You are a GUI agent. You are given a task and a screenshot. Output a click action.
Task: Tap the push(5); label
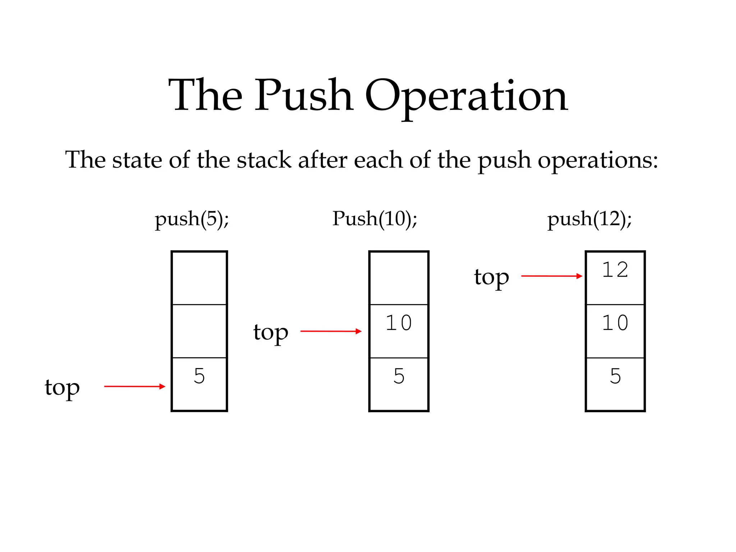192,219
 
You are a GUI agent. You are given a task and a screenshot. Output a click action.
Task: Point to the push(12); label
589,219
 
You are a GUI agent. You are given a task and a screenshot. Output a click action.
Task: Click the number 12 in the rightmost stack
615,270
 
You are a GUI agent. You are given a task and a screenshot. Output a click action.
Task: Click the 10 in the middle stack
399,323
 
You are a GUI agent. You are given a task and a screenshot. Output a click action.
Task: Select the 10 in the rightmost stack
615,323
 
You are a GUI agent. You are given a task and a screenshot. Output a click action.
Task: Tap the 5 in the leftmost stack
199,376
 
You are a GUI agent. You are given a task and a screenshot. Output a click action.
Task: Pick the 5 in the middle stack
399,376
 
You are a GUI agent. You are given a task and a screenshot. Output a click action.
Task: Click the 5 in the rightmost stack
615,376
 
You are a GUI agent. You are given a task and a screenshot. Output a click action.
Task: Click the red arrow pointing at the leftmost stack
135,386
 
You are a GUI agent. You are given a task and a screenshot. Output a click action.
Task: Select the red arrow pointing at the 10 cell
331,331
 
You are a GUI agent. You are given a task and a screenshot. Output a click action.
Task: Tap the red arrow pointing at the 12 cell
552,276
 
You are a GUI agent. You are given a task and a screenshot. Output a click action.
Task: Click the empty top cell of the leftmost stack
199,278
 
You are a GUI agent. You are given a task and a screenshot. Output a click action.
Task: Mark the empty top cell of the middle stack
399,278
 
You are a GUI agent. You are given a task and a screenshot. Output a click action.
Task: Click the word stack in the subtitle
264,160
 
